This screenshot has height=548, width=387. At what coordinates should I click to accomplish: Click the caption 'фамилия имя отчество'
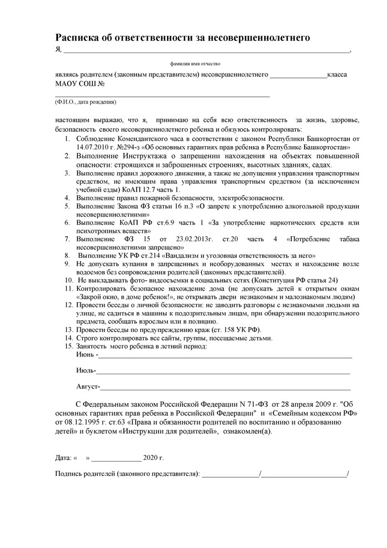pyautogui.click(x=195, y=65)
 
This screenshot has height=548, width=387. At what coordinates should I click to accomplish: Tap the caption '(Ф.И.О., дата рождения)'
pyautogui.click(x=86, y=102)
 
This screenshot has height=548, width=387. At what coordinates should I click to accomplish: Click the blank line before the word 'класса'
pyautogui.click(x=299, y=75)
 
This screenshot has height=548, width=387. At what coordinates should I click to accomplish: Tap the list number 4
pyautogui.click(x=67, y=198)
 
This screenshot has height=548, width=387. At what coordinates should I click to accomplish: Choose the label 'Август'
pyautogui.click(x=88, y=386)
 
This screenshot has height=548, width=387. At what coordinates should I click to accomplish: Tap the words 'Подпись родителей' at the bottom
pyautogui.click(x=84, y=474)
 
